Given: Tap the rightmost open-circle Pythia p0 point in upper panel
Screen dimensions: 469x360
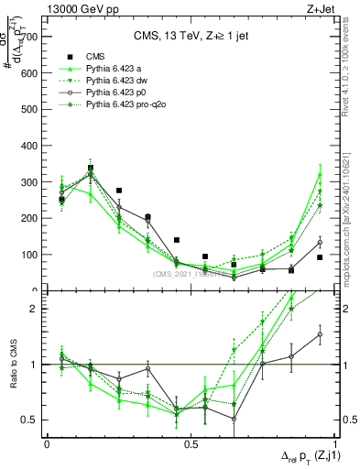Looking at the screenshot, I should pyautogui.click(x=320, y=243).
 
